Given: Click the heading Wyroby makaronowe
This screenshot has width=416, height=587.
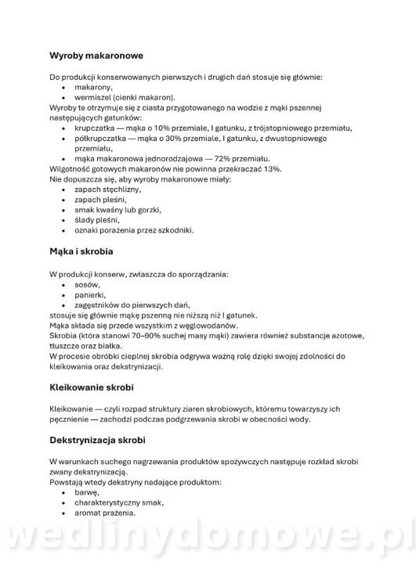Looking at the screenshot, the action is [x=96, y=56].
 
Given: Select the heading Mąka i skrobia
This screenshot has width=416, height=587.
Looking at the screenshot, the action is [x=81, y=254].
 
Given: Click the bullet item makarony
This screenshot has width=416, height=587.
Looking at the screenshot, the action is [x=94, y=87].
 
